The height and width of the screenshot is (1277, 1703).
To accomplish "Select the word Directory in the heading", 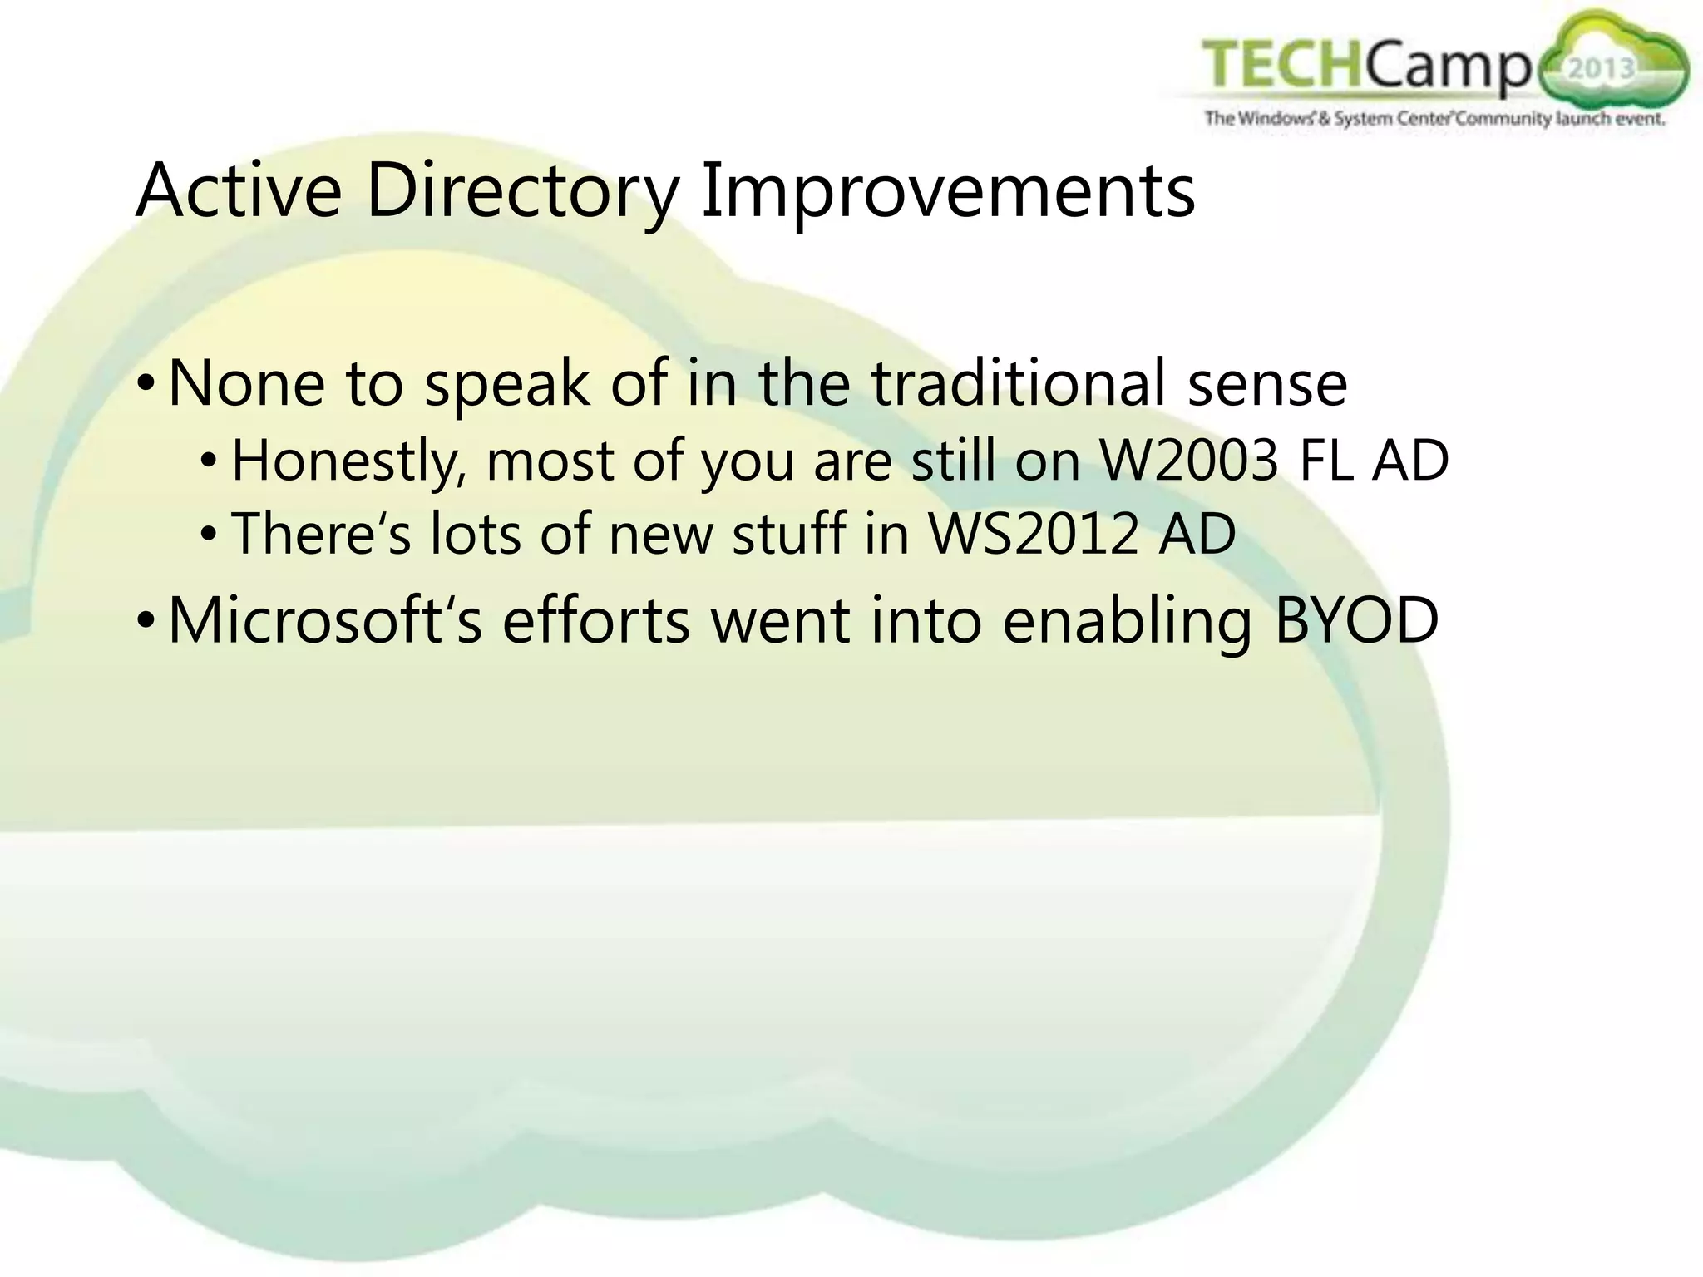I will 522,193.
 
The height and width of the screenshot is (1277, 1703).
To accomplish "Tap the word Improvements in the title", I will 947,193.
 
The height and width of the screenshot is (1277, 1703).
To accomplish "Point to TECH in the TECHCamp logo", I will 1281,66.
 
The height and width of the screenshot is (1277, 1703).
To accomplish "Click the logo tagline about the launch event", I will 1434,119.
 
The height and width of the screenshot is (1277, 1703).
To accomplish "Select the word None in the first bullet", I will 246,383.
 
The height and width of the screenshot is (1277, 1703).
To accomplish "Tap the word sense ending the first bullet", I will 1266,385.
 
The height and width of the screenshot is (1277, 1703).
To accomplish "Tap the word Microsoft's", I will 325,620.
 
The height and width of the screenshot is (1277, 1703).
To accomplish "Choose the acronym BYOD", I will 1356,620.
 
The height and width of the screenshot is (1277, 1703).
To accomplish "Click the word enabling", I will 1128,622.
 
